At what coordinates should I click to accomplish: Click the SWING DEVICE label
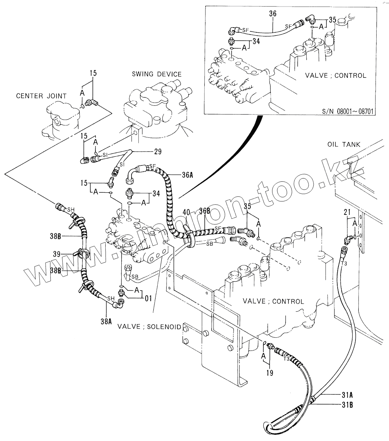point(157,74)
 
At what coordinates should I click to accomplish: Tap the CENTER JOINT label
point(41,96)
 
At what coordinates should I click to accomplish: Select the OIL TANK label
point(343,144)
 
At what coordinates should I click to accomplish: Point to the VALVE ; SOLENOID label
point(149,326)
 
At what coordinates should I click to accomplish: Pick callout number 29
point(157,151)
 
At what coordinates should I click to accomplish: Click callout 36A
point(187,175)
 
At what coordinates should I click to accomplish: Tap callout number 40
point(186,212)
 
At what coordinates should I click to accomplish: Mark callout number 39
point(57,254)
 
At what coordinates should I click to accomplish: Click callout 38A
point(106,321)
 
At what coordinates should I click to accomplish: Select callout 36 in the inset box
point(273,14)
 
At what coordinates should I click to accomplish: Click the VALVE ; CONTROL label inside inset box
point(335,76)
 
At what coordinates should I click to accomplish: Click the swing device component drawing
point(157,111)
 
